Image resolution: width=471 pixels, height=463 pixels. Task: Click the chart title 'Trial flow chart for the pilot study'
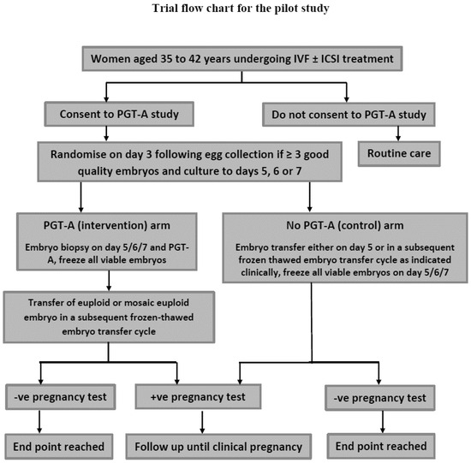(x=235, y=9)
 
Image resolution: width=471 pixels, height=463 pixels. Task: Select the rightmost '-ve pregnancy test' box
(x=378, y=399)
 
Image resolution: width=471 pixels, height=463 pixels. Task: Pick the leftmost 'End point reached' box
(x=56, y=446)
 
